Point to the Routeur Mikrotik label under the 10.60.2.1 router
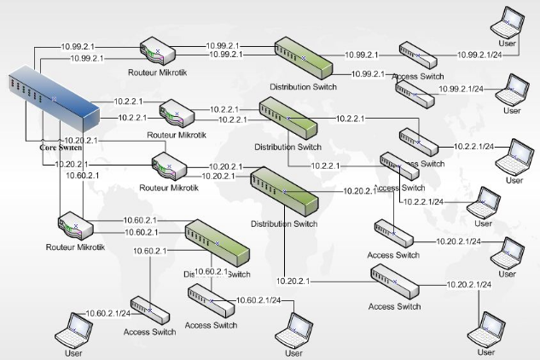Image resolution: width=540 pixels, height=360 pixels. (75, 247)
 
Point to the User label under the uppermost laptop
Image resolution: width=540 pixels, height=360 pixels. (508, 43)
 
